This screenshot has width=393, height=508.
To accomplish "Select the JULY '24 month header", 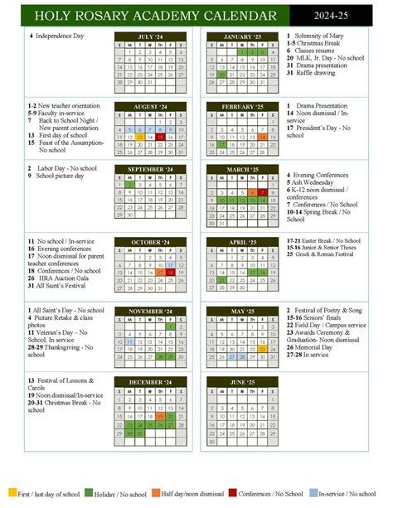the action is (x=150, y=36).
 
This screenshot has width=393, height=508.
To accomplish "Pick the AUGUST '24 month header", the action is (x=150, y=107).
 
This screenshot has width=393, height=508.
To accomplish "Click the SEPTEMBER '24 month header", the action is (x=150, y=169).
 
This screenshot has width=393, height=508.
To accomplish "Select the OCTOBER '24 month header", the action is (x=150, y=241).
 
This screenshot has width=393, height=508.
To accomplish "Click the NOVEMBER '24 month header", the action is (x=150, y=312).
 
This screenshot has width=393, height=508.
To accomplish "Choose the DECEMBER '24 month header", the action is (x=150, y=381).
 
